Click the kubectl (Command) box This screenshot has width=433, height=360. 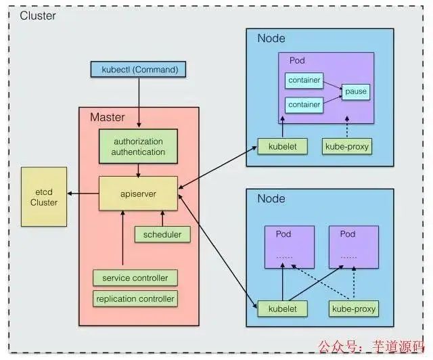[x=138, y=70]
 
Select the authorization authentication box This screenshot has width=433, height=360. [x=139, y=147]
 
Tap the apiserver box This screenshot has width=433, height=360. [x=138, y=194]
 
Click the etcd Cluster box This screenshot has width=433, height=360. [x=44, y=197]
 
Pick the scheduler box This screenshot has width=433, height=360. [x=162, y=235]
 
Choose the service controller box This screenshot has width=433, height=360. [x=135, y=278]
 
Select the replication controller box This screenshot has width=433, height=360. [x=135, y=298]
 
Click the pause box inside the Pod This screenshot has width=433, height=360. [x=356, y=91]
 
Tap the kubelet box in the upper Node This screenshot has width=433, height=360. [x=277, y=146]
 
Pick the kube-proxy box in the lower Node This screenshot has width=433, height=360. [x=353, y=309]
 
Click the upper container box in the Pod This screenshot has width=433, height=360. [x=304, y=80]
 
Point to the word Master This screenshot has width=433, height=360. [x=108, y=117]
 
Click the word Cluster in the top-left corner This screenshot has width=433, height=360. [x=39, y=15]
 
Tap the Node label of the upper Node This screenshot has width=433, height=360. [x=271, y=39]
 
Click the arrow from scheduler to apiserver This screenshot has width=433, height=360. [x=162, y=218]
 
